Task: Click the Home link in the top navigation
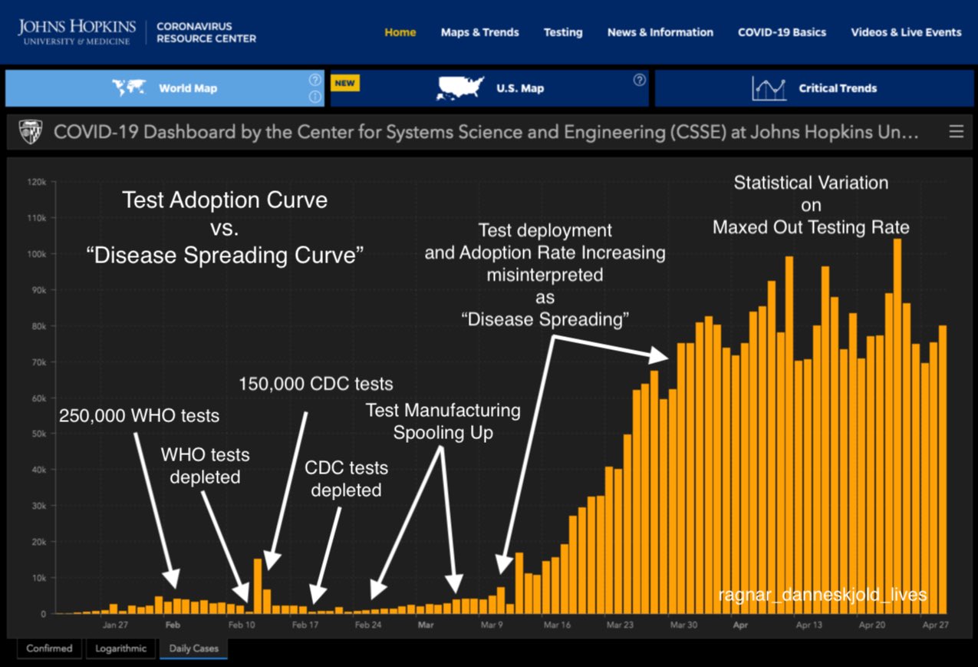[x=400, y=32]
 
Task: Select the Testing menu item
[x=562, y=32]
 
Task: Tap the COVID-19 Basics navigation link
[x=782, y=32]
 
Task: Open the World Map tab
[x=187, y=88]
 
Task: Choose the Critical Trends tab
[x=837, y=88]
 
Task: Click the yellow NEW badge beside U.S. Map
[x=344, y=83]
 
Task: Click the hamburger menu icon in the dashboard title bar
[x=956, y=132]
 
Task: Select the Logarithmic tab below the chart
[x=120, y=649]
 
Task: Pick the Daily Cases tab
[x=193, y=649]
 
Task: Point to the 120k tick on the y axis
[x=37, y=182]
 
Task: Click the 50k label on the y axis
[x=38, y=434]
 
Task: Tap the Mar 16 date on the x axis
[x=558, y=626]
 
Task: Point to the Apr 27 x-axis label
[x=935, y=626]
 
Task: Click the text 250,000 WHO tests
[x=139, y=416]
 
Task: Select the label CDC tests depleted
[x=346, y=478]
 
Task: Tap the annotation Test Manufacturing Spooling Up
[x=443, y=421]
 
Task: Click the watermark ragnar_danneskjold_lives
[x=822, y=595]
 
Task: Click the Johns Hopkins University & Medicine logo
[x=76, y=32]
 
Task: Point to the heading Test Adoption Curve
[x=225, y=200]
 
